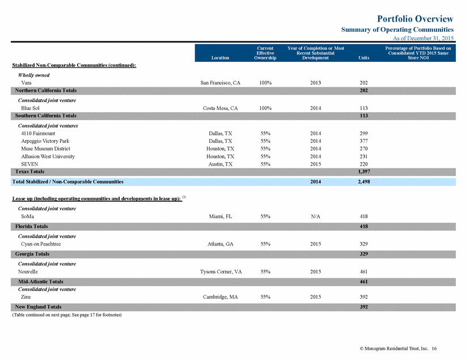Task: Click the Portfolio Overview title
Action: [415, 19]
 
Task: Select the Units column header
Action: [364, 58]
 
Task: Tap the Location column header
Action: [220, 58]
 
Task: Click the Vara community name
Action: [26, 83]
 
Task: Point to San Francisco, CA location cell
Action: [220, 83]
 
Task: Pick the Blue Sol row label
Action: [30, 108]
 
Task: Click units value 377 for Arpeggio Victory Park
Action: [364, 141]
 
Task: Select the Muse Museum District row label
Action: [45, 149]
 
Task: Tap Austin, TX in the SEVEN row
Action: [220, 164]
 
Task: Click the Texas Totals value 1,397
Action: [364, 172]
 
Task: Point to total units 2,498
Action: [364, 181]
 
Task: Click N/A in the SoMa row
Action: [316, 217]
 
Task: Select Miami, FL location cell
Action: [220, 217]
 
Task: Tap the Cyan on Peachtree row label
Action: [41, 244]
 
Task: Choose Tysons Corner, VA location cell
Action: [221, 272]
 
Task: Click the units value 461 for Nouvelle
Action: [364, 272]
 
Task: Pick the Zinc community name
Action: [26, 297]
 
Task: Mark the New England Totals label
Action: [38, 307]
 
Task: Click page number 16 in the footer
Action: [434, 349]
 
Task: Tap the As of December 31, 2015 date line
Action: [423, 38]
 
